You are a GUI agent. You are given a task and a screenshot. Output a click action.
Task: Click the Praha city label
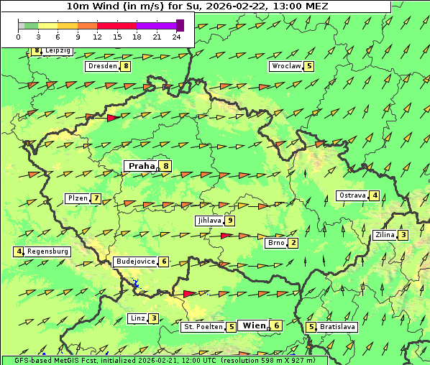[141, 166]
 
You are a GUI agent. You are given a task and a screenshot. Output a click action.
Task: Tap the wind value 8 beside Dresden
[126, 66]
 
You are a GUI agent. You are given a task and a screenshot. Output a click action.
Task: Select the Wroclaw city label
[285, 66]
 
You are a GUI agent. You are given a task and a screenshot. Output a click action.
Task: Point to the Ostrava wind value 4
[375, 195]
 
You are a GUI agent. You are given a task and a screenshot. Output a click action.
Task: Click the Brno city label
[275, 243]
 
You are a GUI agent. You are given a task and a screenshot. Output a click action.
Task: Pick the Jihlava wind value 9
[229, 221]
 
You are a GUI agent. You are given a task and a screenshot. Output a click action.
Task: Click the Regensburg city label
[47, 251]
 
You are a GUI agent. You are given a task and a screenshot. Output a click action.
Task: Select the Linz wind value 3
[154, 318]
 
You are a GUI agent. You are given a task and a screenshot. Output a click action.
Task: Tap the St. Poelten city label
[201, 327]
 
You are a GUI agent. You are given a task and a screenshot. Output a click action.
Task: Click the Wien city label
[254, 325]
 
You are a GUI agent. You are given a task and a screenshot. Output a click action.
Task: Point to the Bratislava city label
[338, 327]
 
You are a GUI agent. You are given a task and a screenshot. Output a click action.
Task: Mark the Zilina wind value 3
[403, 235]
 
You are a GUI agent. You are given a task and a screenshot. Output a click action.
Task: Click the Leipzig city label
[58, 51]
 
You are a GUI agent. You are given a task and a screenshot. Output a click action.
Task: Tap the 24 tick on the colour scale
[177, 37]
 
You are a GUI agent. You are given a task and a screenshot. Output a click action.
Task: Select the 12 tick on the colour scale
[97, 37]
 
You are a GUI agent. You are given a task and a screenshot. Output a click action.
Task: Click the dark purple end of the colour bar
[180, 25]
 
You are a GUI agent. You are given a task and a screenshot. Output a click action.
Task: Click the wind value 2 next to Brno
[293, 243]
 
